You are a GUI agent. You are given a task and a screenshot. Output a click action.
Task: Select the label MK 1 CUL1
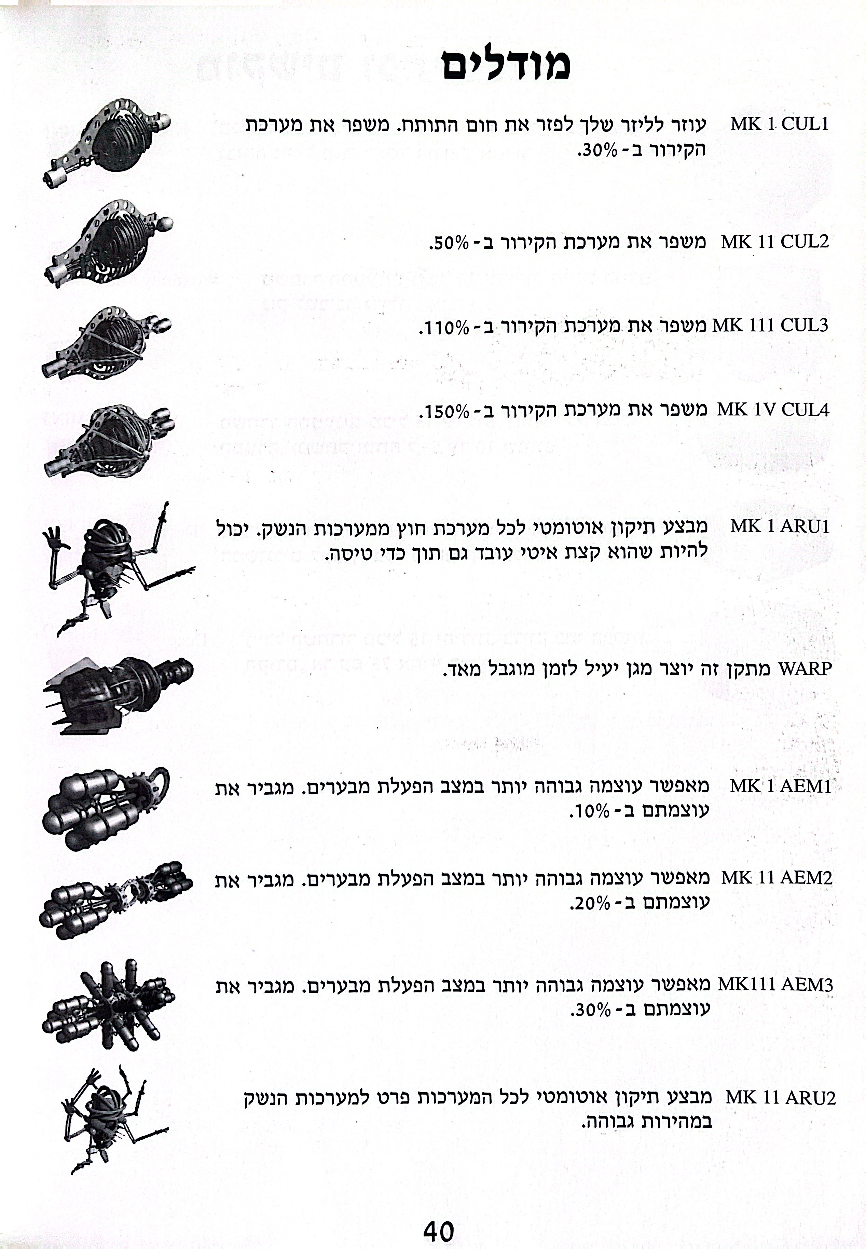pos(779,124)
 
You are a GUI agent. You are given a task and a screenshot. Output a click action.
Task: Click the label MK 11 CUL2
pos(775,242)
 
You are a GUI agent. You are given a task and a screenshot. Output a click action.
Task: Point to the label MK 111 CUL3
pos(770,326)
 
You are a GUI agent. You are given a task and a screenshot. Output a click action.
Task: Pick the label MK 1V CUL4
pos(773,410)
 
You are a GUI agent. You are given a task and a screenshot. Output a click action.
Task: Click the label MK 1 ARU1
pos(780,526)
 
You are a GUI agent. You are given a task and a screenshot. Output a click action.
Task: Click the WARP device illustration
pos(118,695)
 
